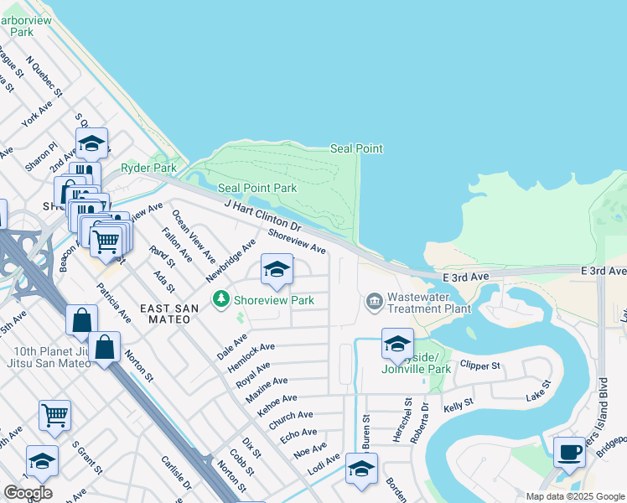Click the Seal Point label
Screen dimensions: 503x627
pyautogui.click(x=356, y=148)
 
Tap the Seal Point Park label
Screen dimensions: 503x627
pyautogui.click(x=257, y=188)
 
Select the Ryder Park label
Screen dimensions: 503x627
pyautogui.click(x=145, y=168)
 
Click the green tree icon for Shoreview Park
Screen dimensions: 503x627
pyautogui.click(x=221, y=299)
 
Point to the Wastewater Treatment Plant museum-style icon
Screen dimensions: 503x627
pyautogui.click(x=374, y=300)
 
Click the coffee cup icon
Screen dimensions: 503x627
pyautogui.click(x=570, y=452)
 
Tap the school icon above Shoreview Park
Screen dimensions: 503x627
pyautogui.click(x=277, y=270)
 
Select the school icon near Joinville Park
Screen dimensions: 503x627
pyautogui.click(x=397, y=344)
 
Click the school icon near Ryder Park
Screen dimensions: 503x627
pyautogui.click(x=91, y=143)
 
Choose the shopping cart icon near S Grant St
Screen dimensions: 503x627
pyautogui.click(x=54, y=415)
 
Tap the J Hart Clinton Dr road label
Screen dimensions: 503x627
pyautogui.click(x=262, y=215)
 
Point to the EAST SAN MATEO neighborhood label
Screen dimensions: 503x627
pyautogui.click(x=169, y=309)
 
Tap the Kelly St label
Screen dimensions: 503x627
pyautogui.click(x=459, y=405)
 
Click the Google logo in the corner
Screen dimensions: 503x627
pyautogui.click(x=28, y=492)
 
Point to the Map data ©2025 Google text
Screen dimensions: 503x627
pyautogui.click(x=575, y=496)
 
